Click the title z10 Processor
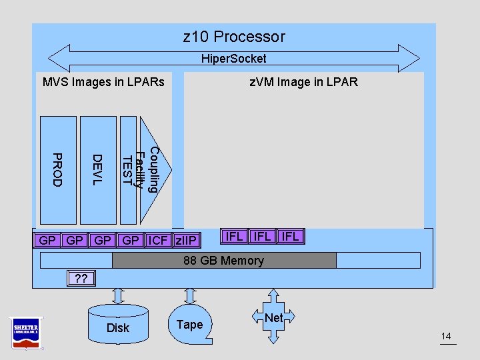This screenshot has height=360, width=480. [233, 37]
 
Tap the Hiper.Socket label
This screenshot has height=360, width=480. [233, 59]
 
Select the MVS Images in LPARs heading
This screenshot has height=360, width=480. [103, 82]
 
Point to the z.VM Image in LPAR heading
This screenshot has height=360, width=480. [303, 82]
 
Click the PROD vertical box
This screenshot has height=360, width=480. [58, 170]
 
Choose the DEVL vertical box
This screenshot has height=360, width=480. [98, 170]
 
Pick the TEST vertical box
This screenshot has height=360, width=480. [127, 170]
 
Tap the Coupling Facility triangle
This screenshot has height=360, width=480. [149, 170]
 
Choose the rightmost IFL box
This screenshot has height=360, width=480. [291, 237]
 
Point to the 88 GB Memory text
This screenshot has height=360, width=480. [224, 261]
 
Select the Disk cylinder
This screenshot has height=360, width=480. [118, 325]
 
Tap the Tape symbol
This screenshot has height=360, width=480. [189, 324]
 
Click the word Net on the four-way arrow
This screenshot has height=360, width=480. [273, 318]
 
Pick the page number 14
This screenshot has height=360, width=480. [447, 337]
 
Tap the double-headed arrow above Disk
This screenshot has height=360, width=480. [118, 295]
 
